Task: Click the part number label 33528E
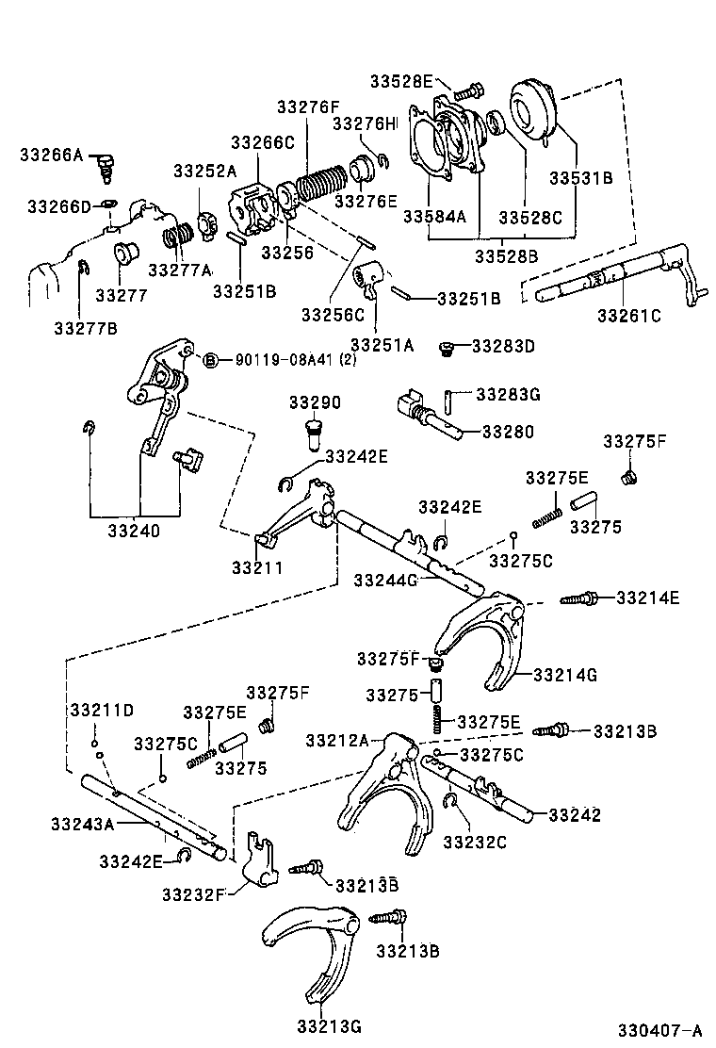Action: (401, 82)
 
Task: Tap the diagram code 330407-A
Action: (660, 1029)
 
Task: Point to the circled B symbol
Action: (211, 360)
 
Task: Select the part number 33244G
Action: (385, 580)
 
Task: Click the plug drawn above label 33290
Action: (312, 436)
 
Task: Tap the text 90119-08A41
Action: (273, 360)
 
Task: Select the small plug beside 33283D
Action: (450, 349)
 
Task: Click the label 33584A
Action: (435, 217)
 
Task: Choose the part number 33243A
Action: (83, 824)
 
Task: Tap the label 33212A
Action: (337, 741)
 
